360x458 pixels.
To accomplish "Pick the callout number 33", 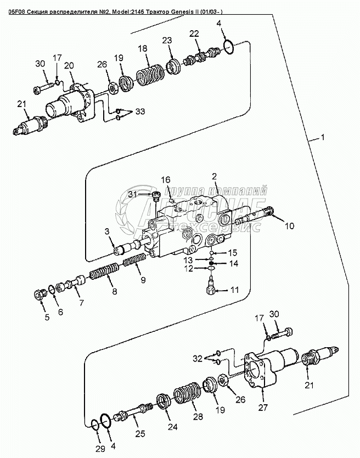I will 140,112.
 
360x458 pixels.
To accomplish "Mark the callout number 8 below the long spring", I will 114,292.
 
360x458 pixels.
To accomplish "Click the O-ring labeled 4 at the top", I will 232,47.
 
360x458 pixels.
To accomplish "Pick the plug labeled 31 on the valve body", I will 155,195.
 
